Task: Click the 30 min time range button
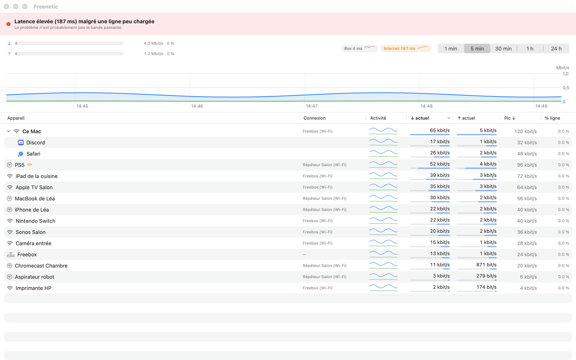click(503, 49)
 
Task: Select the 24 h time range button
click(556, 49)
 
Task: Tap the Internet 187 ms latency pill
click(405, 48)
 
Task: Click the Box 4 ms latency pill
click(359, 48)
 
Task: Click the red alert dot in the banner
click(9, 24)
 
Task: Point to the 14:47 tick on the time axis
click(312, 106)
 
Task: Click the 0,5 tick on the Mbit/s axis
click(566, 88)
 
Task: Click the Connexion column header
click(315, 118)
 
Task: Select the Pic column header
click(510, 118)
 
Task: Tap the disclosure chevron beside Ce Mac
click(9, 131)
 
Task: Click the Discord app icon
click(21, 143)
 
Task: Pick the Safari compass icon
click(21, 154)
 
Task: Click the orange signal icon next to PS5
click(30, 165)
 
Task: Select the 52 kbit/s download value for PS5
click(440, 164)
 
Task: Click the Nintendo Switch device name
click(36, 221)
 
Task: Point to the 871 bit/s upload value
click(486, 265)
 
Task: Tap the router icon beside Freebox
click(10, 255)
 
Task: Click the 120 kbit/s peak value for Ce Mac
click(525, 131)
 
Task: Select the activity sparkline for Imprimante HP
click(383, 288)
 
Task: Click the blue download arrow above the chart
click(9, 44)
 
